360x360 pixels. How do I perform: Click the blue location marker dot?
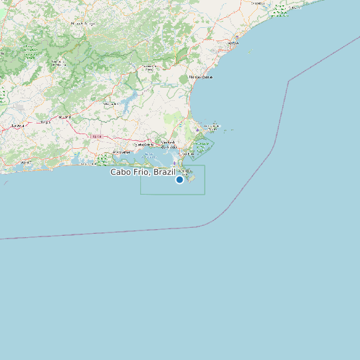[179, 179]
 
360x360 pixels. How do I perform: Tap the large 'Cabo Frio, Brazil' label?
[142, 173]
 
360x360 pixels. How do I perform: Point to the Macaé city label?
[232, 43]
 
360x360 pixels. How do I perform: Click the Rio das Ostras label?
[201, 77]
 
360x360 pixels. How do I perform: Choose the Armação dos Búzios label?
[211, 125]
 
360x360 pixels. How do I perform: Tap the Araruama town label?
[122, 152]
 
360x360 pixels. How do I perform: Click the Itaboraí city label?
[18, 125]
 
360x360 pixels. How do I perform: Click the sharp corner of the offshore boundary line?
[289, 80]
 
